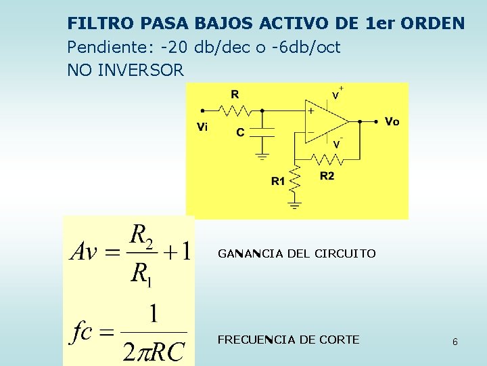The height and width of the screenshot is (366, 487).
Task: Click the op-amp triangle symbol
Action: (325, 121)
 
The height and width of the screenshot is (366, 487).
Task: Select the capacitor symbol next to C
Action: (262, 131)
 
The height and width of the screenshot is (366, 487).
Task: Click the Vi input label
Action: (202, 127)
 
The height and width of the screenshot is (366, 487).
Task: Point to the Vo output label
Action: (392, 121)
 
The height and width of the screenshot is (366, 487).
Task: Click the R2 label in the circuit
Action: (327, 176)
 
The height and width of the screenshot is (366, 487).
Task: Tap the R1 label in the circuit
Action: (278, 181)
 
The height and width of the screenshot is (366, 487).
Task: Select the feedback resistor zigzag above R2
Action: (327, 160)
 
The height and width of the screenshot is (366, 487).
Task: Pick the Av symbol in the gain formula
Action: (84, 253)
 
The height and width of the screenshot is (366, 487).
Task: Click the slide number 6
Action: (455, 342)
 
